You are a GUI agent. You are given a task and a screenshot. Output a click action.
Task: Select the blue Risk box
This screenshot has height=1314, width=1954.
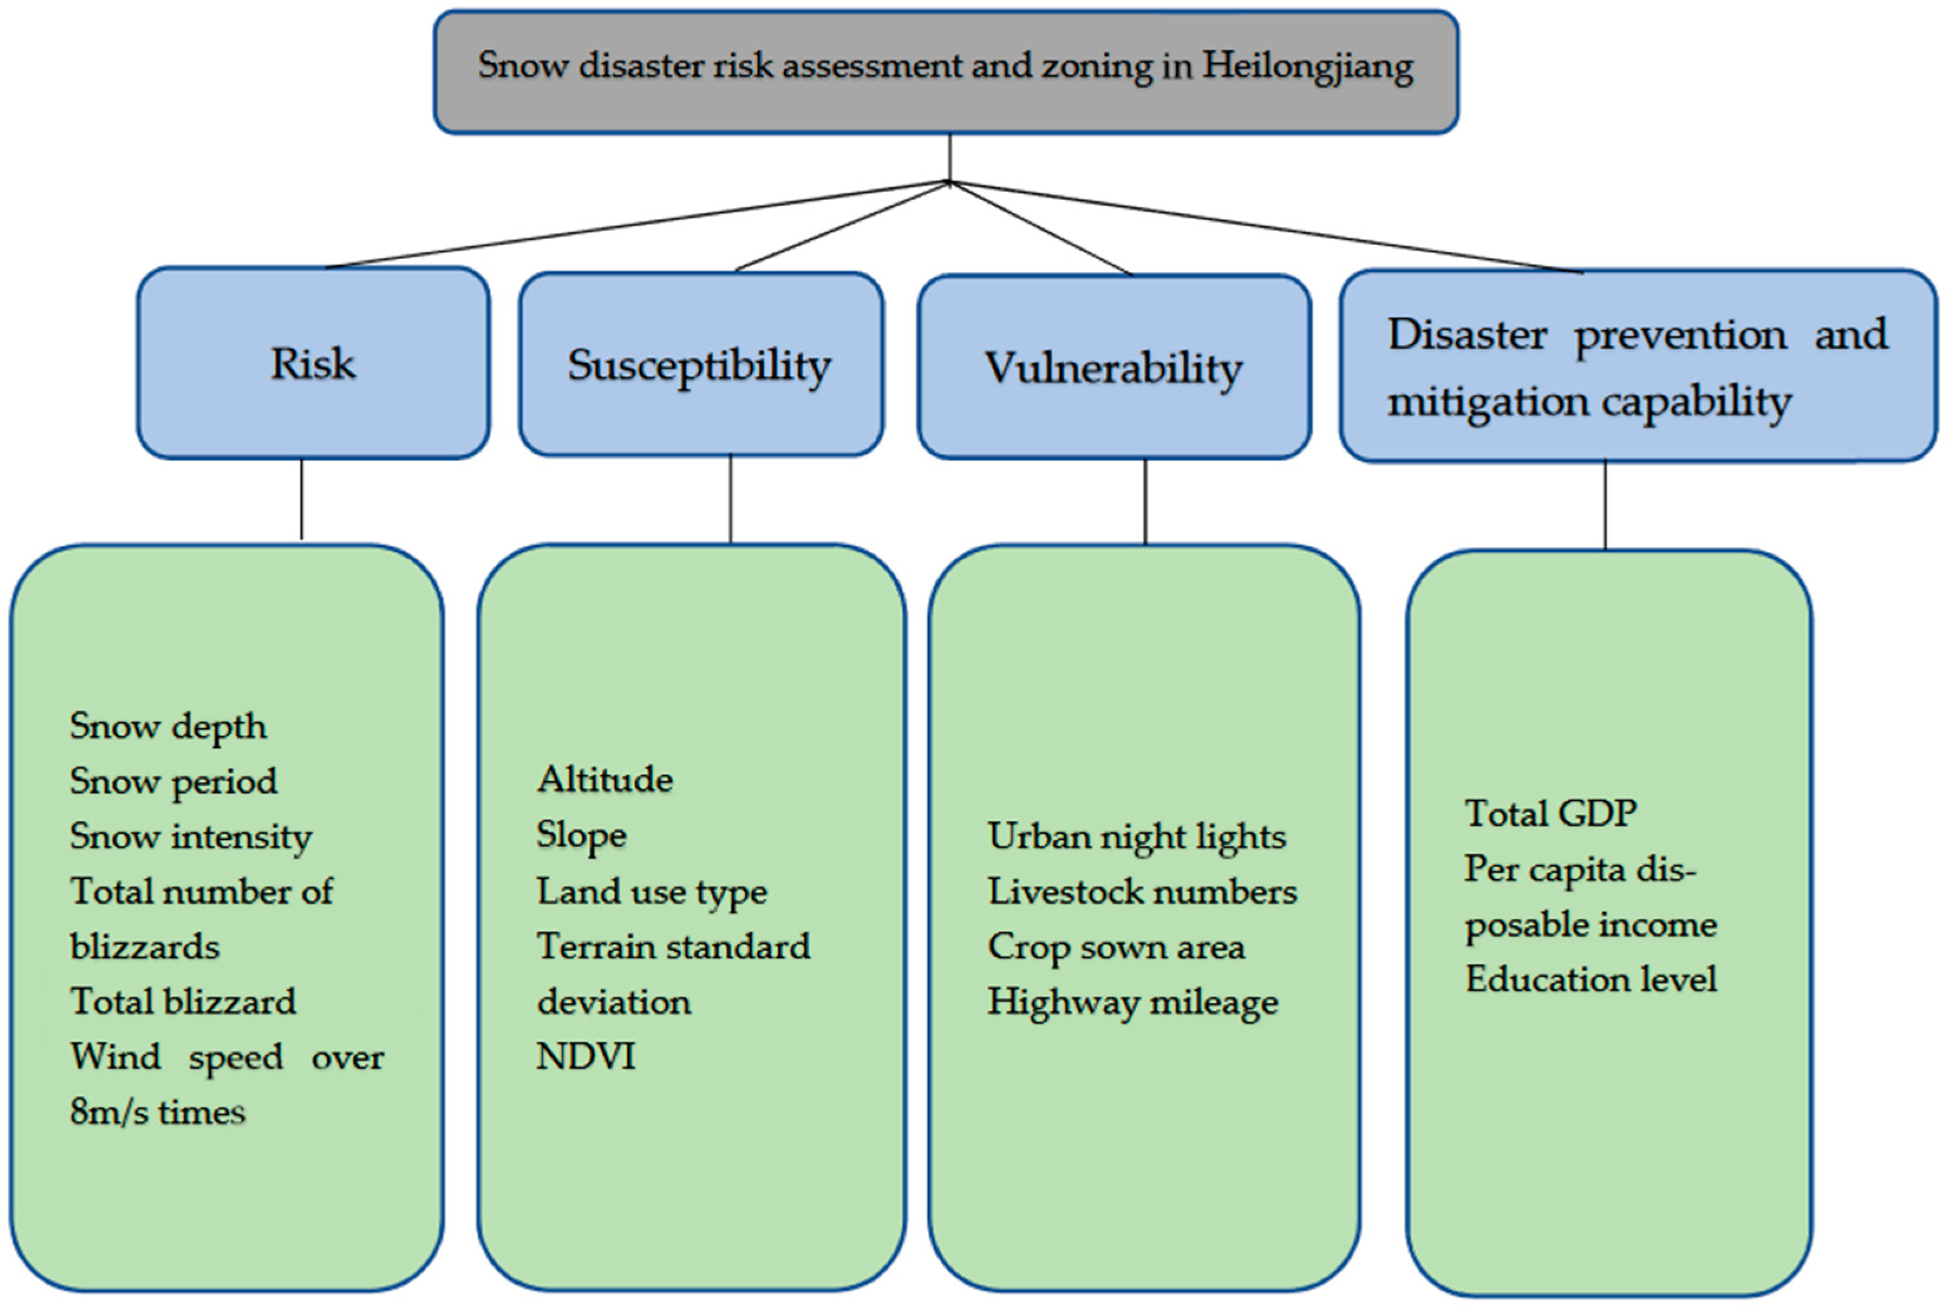tap(313, 364)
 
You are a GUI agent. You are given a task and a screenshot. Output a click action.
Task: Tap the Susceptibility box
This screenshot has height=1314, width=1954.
tap(701, 365)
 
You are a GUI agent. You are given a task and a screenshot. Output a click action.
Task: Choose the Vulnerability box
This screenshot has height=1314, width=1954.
tap(1113, 368)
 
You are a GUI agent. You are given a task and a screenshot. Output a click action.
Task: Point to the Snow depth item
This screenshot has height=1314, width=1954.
tap(168, 725)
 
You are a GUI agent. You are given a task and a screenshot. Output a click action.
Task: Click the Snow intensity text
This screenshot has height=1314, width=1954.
tap(191, 836)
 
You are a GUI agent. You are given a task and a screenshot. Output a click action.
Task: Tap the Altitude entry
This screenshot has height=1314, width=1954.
tap(605, 779)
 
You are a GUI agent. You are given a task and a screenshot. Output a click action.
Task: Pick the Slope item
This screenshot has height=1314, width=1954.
tap(581, 835)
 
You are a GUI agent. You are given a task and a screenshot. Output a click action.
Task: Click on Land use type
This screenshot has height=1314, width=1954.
tap(652, 891)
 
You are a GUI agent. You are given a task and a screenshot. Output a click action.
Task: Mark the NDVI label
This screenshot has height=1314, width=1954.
tap(586, 1056)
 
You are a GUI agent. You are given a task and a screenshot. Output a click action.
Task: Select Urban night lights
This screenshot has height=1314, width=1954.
tap(1136, 836)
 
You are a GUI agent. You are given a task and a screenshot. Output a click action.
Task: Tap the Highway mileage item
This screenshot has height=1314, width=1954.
tap(1133, 1002)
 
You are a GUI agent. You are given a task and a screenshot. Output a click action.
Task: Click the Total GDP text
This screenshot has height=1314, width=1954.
tap(1551, 813)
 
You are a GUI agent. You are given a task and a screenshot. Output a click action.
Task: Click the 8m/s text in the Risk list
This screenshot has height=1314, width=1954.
tap(107, 1112)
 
